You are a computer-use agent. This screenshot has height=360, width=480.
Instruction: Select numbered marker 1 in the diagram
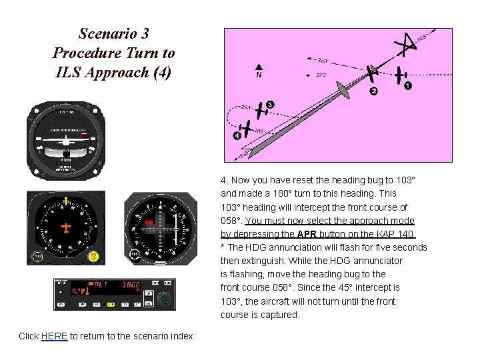click(x=408, y=86)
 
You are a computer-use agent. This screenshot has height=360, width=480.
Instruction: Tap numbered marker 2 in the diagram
click(x=373, y=91)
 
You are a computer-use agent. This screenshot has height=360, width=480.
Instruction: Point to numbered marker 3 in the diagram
click(x=269, y=105)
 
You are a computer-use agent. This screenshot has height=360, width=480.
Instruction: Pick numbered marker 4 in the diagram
click(x=237, y=135)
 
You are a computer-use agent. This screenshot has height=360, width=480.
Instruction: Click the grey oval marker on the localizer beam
click(x=342, y=89)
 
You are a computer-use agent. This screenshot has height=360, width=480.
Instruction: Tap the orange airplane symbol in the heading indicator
click(x=65, y=228)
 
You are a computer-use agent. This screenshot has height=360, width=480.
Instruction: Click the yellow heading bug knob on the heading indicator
click(x=94, y=256)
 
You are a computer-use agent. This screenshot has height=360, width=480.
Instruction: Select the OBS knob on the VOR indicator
click(x=135, y=255)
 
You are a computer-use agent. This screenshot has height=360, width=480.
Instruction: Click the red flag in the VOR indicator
click(x=150, y=221)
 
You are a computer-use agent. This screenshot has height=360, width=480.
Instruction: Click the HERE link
click(x=54, y=336)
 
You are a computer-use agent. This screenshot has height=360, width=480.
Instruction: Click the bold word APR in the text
click(x=307, y=234)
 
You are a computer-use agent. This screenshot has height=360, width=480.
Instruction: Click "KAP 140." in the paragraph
click(x=398, y=234)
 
